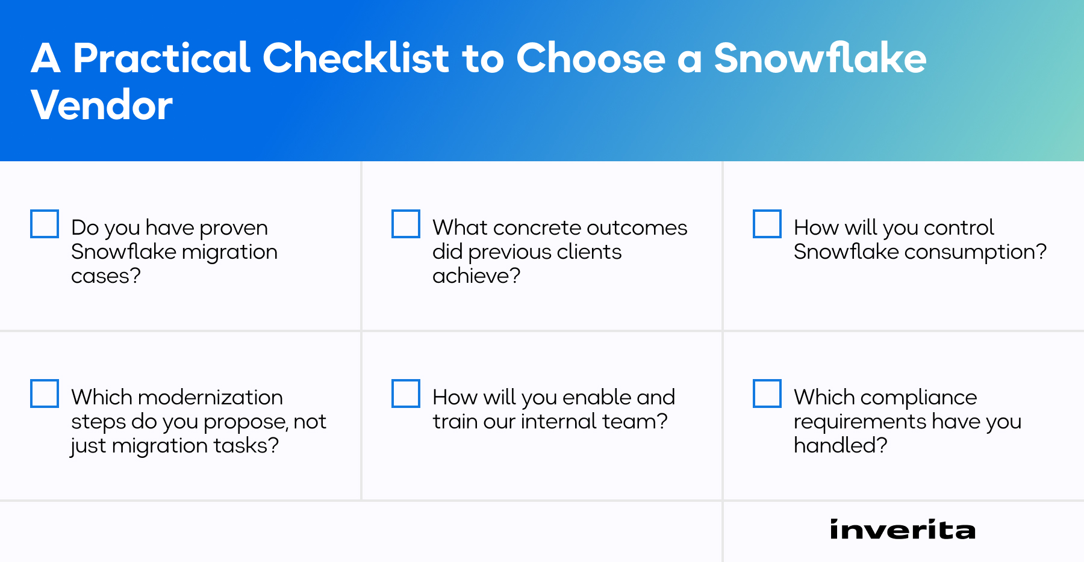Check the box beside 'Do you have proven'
(45, 224)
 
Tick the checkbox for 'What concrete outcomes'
(406, 224)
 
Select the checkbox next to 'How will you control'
(767, 224)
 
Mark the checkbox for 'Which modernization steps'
(45, 394)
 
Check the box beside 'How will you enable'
(406, 394)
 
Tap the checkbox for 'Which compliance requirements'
(767, 394)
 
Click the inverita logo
(902, 530)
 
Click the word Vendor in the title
(102, 105)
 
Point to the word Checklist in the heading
(356, 58)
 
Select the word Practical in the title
(161, 58)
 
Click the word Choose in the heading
(590, 58)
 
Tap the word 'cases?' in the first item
(106, 276)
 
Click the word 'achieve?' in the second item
(476, 276)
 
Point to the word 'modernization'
(210, 398)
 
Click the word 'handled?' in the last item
(840, 446)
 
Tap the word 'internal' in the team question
(558, 422)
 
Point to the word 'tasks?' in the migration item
(247, 446)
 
